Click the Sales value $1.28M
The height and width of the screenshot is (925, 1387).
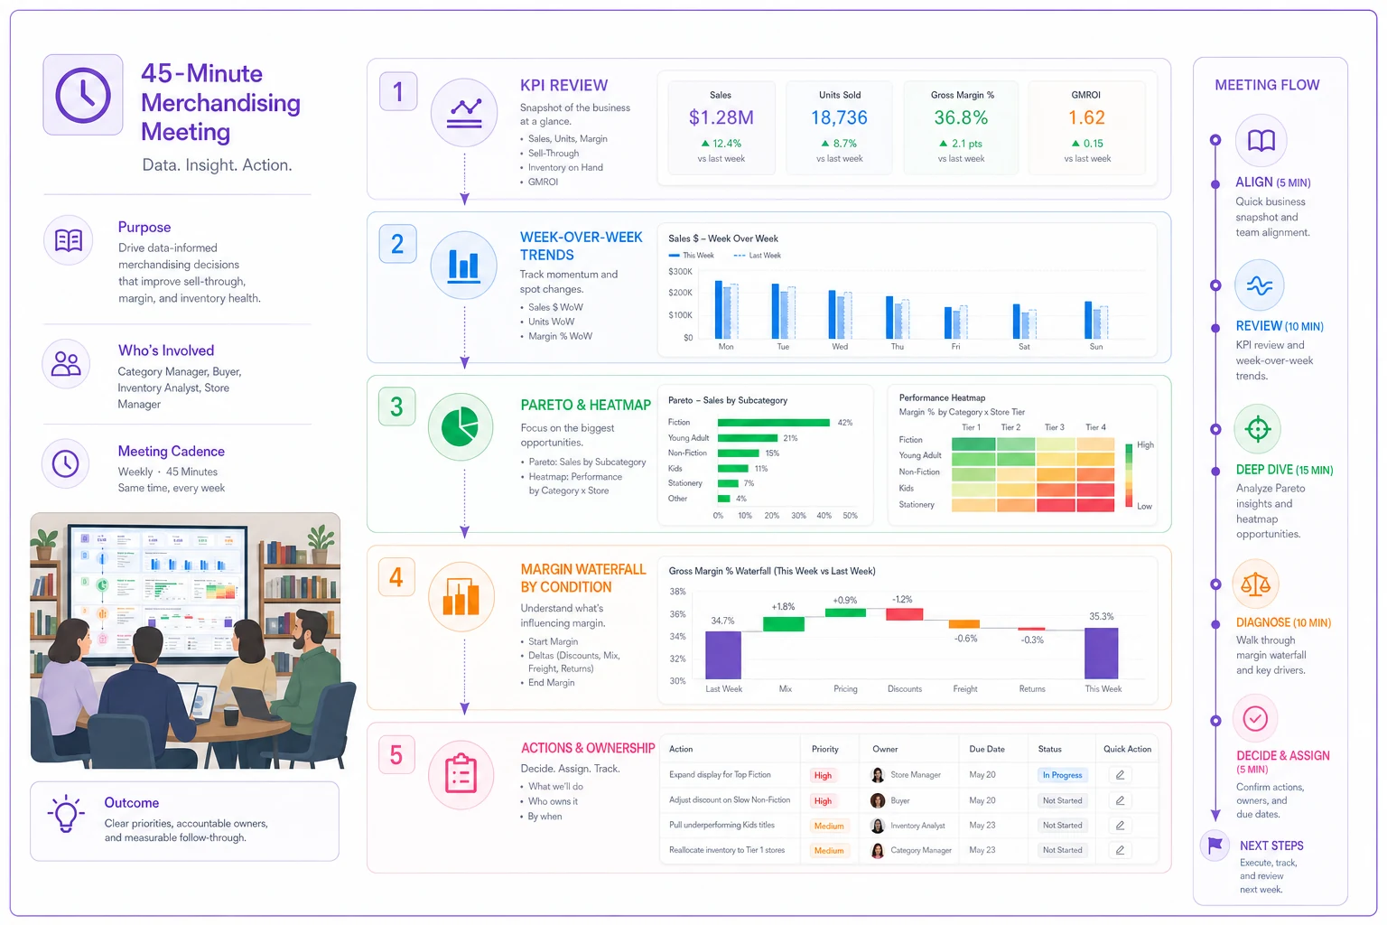[x=721, y=117]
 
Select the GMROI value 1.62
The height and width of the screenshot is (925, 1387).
[x=1086, y=117]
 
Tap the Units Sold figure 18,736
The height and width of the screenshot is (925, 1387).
[x=839, y=117]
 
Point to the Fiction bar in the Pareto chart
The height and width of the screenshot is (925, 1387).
[x=773, y=423]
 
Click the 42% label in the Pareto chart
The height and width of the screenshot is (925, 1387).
[x=844, y=423]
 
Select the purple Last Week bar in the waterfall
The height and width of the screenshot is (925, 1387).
[x=723, y=655]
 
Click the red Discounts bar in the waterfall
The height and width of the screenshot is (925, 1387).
[x=904, y=614]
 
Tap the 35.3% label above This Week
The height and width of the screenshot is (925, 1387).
[x=1102, y=616]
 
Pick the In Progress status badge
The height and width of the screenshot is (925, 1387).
[x=1062, y=775]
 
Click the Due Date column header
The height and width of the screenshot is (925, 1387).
[x=987, y=749]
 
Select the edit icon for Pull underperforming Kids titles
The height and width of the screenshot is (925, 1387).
[x=1120, y=826]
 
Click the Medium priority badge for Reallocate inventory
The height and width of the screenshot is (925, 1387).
[x=828, y=851]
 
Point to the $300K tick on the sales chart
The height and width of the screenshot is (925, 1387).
[x=680, y=271]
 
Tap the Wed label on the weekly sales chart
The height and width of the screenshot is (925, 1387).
[x=840, y=346]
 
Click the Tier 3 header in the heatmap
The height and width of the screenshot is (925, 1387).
[x=1054, y=427]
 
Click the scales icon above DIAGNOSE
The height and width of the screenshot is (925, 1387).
[x=1255, y=584]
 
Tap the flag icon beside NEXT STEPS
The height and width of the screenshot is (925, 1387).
[x=1215, y=845]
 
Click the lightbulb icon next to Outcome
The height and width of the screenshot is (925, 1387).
[x=65, y=814]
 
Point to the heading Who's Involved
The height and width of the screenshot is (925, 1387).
[x=166, y=350]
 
